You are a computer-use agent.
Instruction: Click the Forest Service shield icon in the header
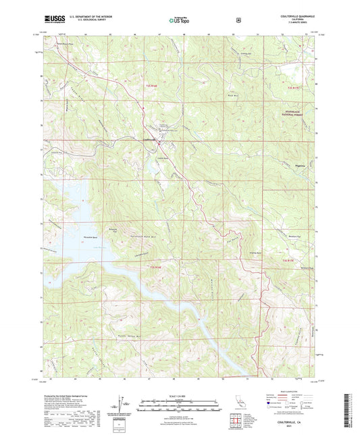pyautogui.click(x=238, y=20)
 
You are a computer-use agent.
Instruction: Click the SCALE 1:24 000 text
pyautogui.click(x=179, y=394)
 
